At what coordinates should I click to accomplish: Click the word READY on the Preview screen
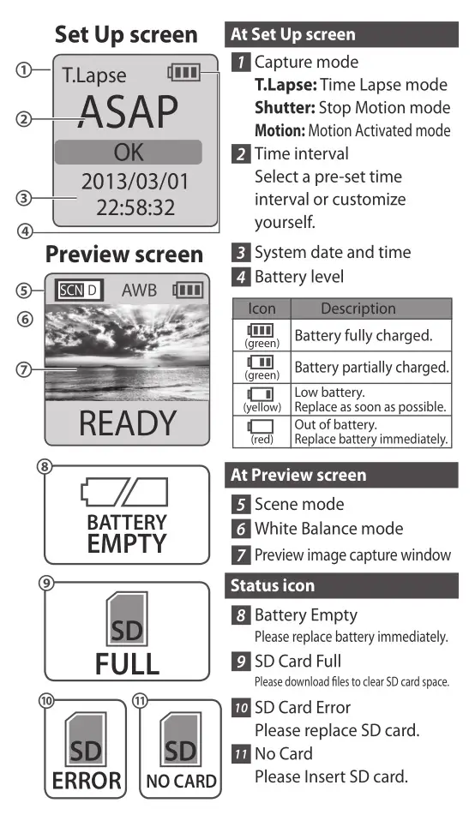point(127,423)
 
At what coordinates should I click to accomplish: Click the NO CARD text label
point(180,782)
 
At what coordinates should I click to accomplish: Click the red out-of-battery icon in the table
point(262,426)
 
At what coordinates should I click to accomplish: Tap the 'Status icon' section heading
point(272,586)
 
